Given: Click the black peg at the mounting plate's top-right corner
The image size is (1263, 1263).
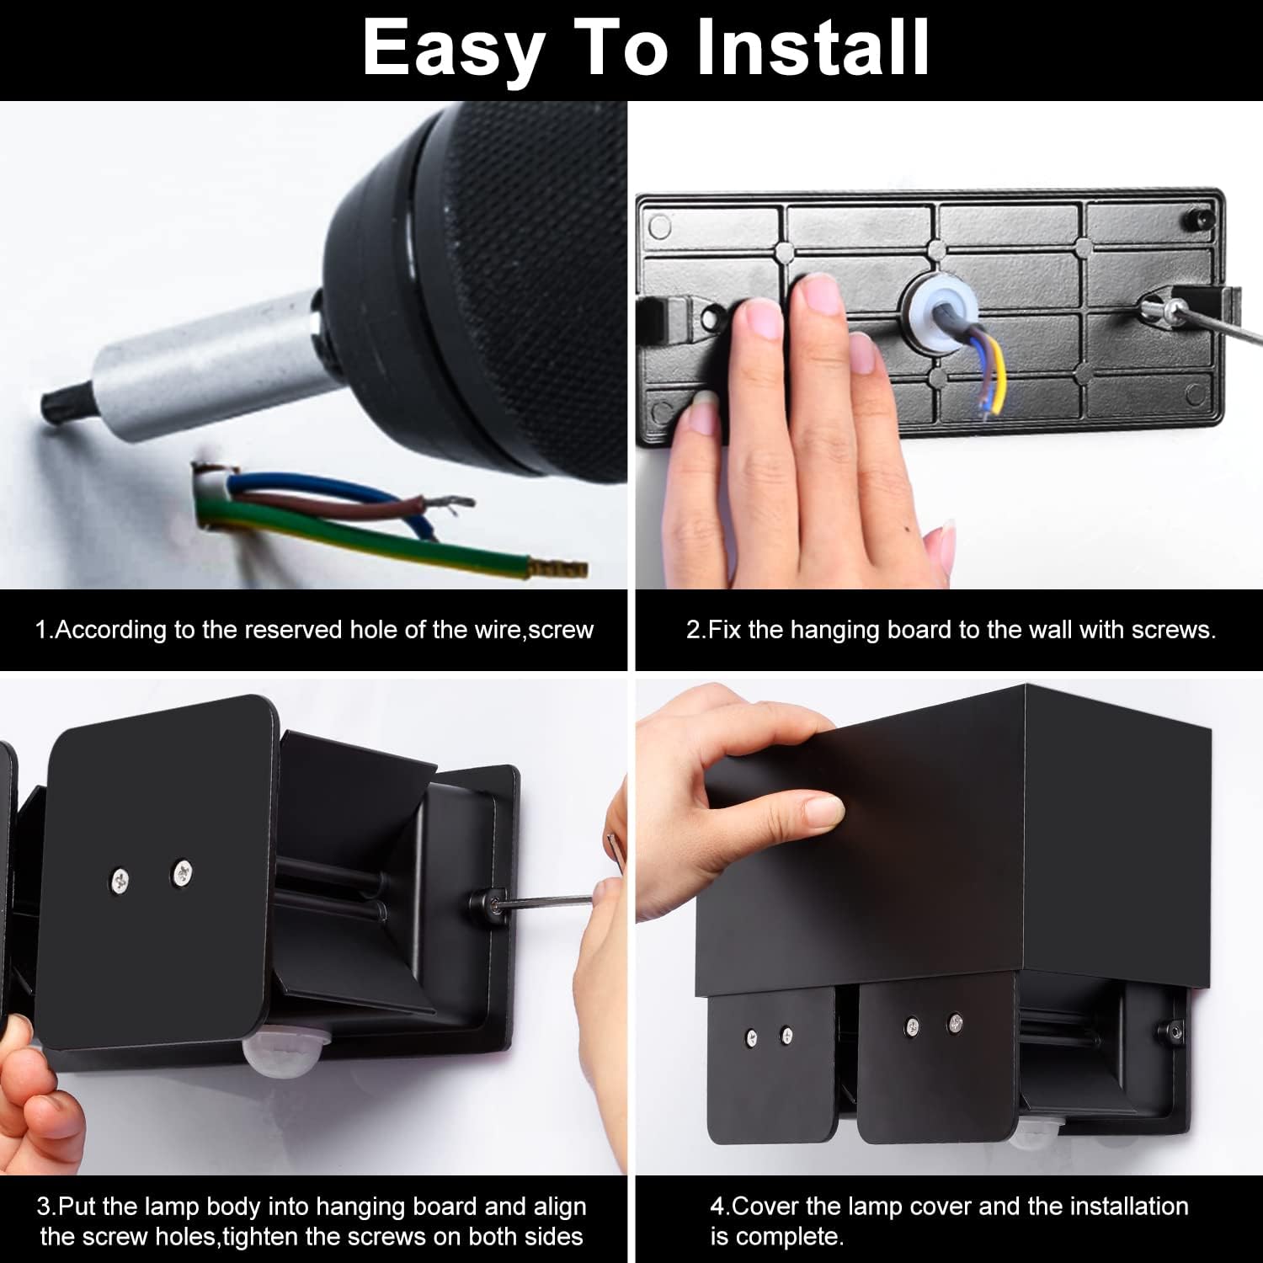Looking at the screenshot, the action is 1197,218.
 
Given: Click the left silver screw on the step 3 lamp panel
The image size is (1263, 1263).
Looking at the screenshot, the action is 121,882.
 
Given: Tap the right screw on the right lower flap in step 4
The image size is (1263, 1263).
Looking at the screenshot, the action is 955,1022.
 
